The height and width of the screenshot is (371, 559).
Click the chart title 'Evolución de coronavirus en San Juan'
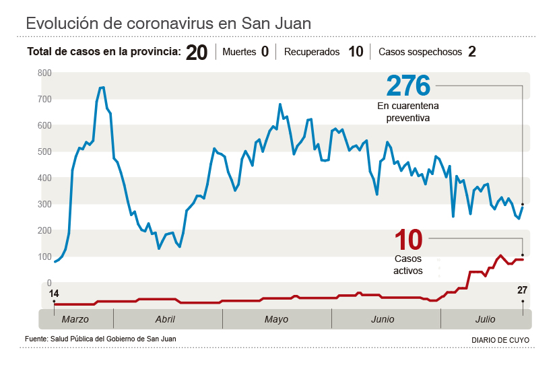pos(168,24)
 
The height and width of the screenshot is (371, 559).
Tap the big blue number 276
pos(408,86)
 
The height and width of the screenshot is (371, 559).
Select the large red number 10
pos(408,240)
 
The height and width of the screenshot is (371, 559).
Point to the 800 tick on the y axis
pos(44,73)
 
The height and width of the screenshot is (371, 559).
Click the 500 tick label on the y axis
pos(44,151)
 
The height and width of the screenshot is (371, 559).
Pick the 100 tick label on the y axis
pos(44,257)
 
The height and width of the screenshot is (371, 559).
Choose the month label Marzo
pos(75,319)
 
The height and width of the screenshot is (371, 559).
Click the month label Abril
pos(165,319)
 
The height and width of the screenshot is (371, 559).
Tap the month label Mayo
pos(276,319)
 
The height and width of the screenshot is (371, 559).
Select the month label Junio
pos(383,319)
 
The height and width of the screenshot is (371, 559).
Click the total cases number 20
pos(197,53)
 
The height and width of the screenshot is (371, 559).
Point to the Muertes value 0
pos(265,52)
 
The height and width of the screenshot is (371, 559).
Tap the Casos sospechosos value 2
pos(472,52)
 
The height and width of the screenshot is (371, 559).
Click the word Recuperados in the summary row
pos(312,52)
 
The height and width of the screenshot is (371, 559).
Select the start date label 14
pos(54,294)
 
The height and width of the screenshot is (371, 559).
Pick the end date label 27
pos(522,290)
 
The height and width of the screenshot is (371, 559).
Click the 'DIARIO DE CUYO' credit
pos(500,340)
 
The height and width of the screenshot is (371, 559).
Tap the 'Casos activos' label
pos(408,265)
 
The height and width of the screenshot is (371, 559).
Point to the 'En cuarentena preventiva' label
pos(408,112)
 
